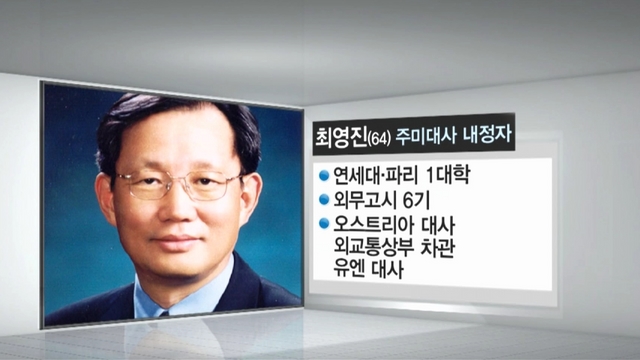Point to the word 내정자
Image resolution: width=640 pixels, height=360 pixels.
[487, 135]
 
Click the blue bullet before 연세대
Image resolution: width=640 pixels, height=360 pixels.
[324, 175]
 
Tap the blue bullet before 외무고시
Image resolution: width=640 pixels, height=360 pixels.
[324, 200]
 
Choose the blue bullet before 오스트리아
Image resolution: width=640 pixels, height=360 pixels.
[324, 223]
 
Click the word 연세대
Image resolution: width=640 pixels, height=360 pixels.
[354, 175]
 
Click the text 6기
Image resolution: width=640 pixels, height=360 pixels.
[416, 200]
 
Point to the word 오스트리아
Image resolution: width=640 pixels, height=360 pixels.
[371, 224]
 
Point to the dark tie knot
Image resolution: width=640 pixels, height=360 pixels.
[164, 314]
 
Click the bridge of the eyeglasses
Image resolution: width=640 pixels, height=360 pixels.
[180, 180]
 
